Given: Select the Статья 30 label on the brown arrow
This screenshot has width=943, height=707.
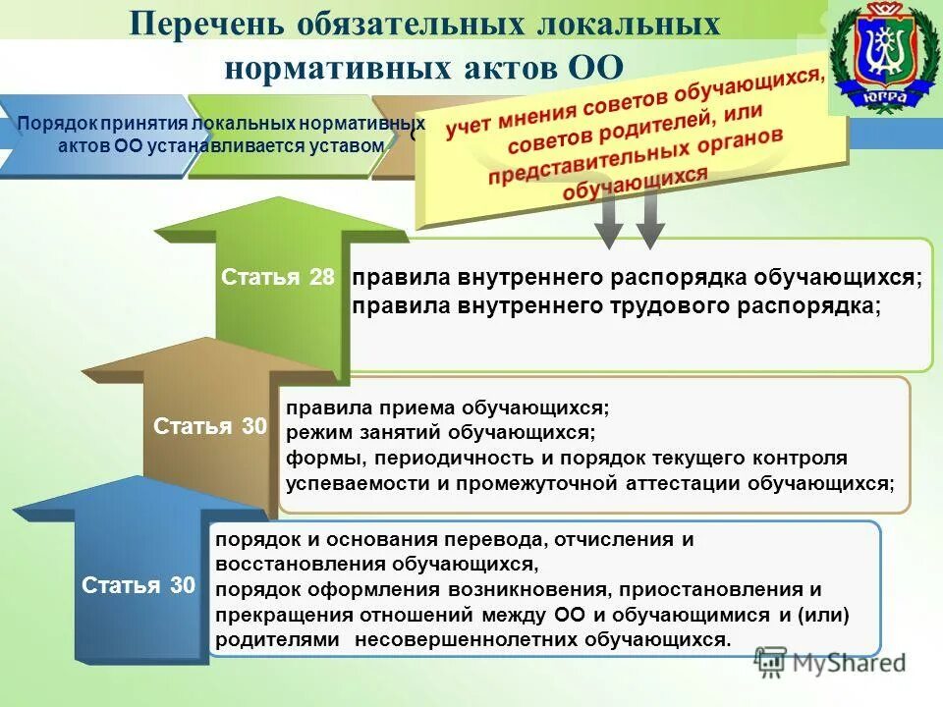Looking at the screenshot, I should [x=210, y=426].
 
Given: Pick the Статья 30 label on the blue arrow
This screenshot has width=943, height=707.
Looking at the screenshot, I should [x=139, y=586].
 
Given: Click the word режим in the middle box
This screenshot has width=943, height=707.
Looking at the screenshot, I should [x=314, y=432].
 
